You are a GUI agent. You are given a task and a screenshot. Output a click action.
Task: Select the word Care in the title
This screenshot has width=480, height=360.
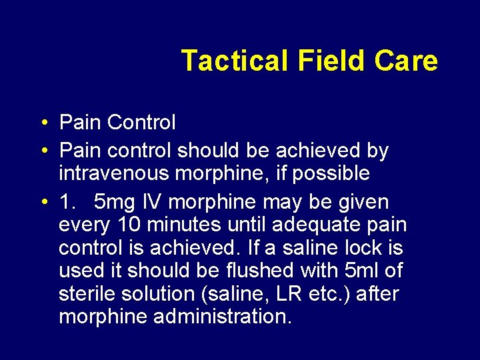click(407, 61)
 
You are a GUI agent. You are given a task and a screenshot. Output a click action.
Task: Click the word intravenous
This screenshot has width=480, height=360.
click(113, 173)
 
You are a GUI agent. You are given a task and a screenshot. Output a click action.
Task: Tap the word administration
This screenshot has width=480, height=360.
click(223, 317)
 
